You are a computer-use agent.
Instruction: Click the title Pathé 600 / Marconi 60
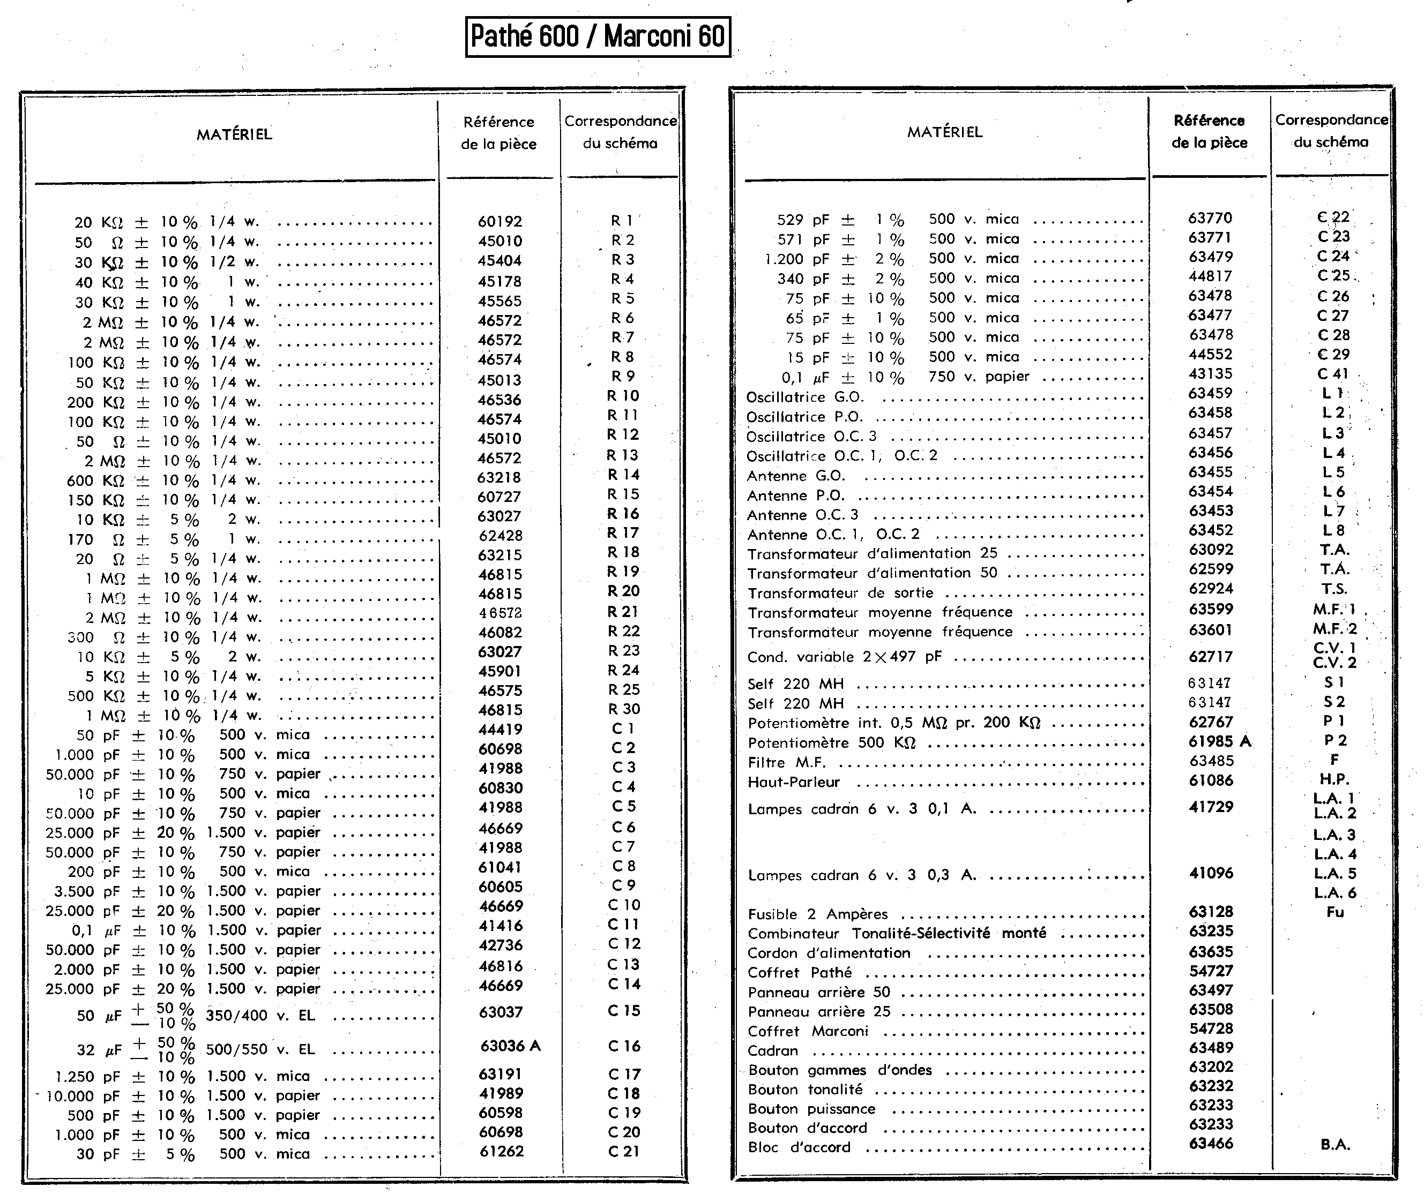[598, 36]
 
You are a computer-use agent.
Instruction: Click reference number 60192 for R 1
[499, 222]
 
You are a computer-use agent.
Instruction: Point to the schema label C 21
[624, 1151]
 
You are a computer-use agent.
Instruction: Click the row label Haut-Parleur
[793, 782]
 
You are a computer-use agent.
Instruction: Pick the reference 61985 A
[1219, 741]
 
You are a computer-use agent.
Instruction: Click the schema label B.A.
[1334, 1145]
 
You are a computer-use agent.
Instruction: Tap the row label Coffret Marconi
[808, 1031]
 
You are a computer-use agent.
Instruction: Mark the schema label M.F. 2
[1334, 629]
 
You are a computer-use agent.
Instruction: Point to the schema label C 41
[1332, 374]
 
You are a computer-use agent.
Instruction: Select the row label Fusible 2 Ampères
[817, 914]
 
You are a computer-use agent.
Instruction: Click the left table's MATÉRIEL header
[234, 134]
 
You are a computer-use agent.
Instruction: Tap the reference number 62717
[1210, 656]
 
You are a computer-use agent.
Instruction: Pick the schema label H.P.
[1334, 779]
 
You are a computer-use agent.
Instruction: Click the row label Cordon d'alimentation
[829, 953]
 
